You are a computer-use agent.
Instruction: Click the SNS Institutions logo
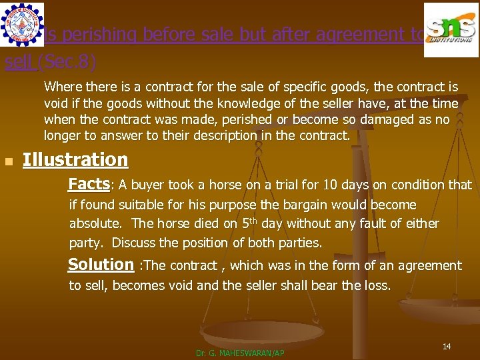451,29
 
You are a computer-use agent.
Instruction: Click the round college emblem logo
22,24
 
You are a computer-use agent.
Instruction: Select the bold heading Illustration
75,160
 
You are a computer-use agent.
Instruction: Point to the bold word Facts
89,184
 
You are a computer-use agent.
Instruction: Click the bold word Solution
101,265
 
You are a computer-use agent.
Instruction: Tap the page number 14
447,346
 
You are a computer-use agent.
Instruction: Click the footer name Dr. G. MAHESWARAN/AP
240,353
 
